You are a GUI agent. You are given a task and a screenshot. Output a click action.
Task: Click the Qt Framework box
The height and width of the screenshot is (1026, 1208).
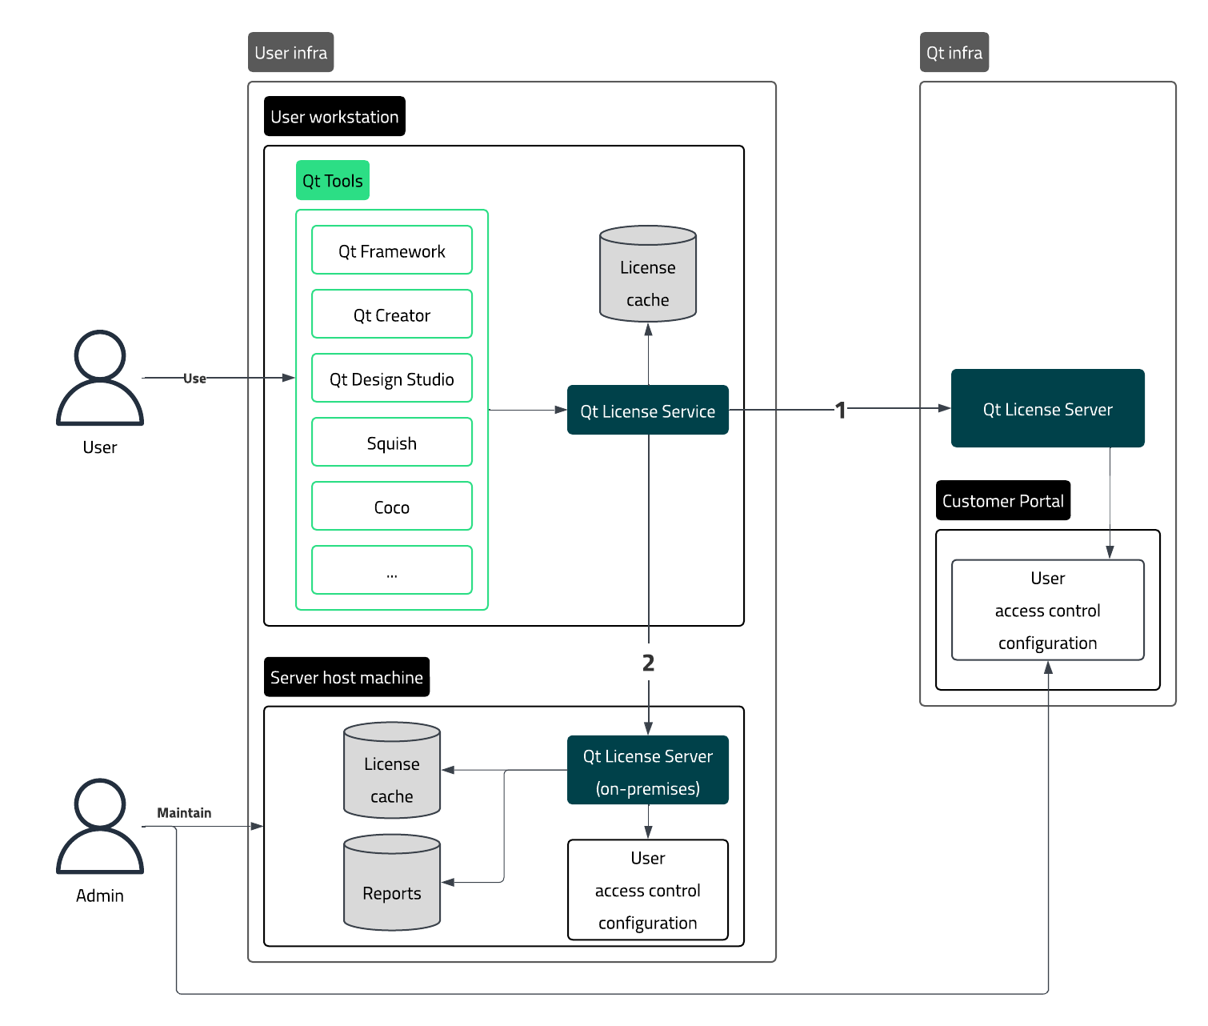(x=391, y=250)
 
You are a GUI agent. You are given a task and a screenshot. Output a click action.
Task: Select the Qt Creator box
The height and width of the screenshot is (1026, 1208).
(x=391, y=315)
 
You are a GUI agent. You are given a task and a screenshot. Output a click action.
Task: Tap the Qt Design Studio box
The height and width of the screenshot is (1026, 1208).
(x=391, y=379)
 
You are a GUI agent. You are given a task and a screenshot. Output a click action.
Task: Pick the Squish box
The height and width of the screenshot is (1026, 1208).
(x=391, y=443)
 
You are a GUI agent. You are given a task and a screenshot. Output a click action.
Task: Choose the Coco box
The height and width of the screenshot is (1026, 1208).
(x=391, y=507)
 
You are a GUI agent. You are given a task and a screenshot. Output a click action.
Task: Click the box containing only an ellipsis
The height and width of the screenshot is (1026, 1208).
(x=391, y=571)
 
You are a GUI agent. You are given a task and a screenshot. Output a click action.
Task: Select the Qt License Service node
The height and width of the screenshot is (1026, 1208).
(x=647, y=411)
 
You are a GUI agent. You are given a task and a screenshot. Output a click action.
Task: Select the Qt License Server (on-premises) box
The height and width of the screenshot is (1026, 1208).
(x=647, y=771)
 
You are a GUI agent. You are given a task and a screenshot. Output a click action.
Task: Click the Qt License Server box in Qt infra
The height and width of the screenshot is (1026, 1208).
(x=1047, y=409)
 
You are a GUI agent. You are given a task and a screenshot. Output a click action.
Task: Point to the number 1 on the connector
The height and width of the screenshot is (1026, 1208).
(x=840, y=410)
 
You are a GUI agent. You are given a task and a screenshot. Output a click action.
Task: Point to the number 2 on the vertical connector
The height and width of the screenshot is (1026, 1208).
(x=648, y=663)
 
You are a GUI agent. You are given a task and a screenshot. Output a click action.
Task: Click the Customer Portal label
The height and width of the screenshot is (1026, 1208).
(x=1002, y=501)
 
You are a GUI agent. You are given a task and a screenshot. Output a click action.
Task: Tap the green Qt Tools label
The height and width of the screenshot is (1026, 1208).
(x=332, y=181)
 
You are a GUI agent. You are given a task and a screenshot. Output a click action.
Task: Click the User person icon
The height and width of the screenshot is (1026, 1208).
(x=100, y=378)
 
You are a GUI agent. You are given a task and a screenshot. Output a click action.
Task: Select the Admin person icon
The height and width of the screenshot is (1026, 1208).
(x=100, y=826)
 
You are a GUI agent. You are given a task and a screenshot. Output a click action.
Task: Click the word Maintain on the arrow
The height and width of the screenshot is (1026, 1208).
(x=184, y=813)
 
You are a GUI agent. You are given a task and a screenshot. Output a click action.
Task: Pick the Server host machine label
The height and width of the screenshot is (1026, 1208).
(x=346, y=677)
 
